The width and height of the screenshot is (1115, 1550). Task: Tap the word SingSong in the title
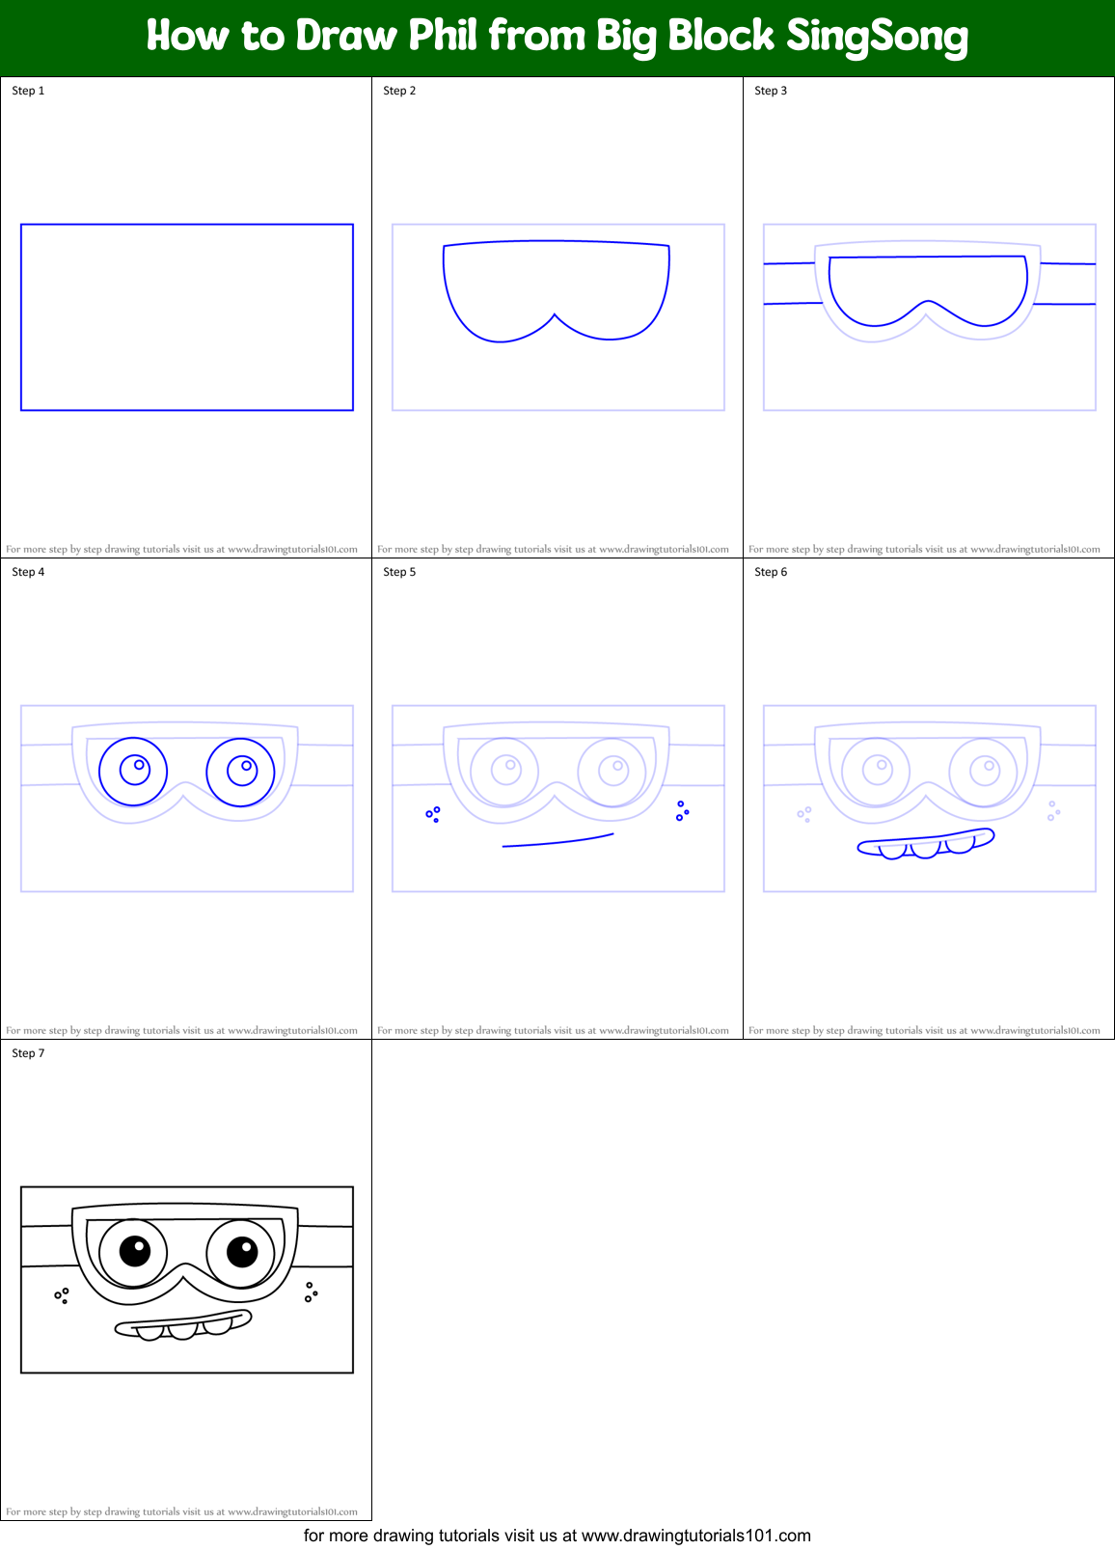point(877,38)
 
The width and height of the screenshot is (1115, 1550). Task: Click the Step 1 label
point(28,91)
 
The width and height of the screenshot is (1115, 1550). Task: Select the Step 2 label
point(399,91)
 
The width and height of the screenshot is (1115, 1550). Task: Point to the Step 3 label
point(771,91)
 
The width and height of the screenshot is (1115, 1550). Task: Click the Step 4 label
point(28,572)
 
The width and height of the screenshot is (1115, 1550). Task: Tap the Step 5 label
point(399,572)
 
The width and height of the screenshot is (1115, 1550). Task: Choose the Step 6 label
point(771,572)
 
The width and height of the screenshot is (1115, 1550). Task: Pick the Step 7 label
point(28,1053)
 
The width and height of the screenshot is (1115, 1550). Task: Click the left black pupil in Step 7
point(136,1251)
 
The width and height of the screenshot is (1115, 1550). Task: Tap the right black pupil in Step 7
point(242,1251)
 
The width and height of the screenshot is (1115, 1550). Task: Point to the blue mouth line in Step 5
point(557,841)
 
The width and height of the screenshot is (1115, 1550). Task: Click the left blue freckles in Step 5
point(433,814)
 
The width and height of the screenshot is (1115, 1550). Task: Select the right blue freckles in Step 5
point(682,810)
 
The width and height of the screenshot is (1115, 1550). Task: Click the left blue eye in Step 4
point(134,771)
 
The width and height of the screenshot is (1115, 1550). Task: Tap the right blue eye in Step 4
point(241,771)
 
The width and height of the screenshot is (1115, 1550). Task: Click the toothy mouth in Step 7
point(183,1324)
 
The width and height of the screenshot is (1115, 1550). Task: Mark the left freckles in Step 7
point(62,1294)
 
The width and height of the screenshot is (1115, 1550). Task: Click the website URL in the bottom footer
point(695,1536)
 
